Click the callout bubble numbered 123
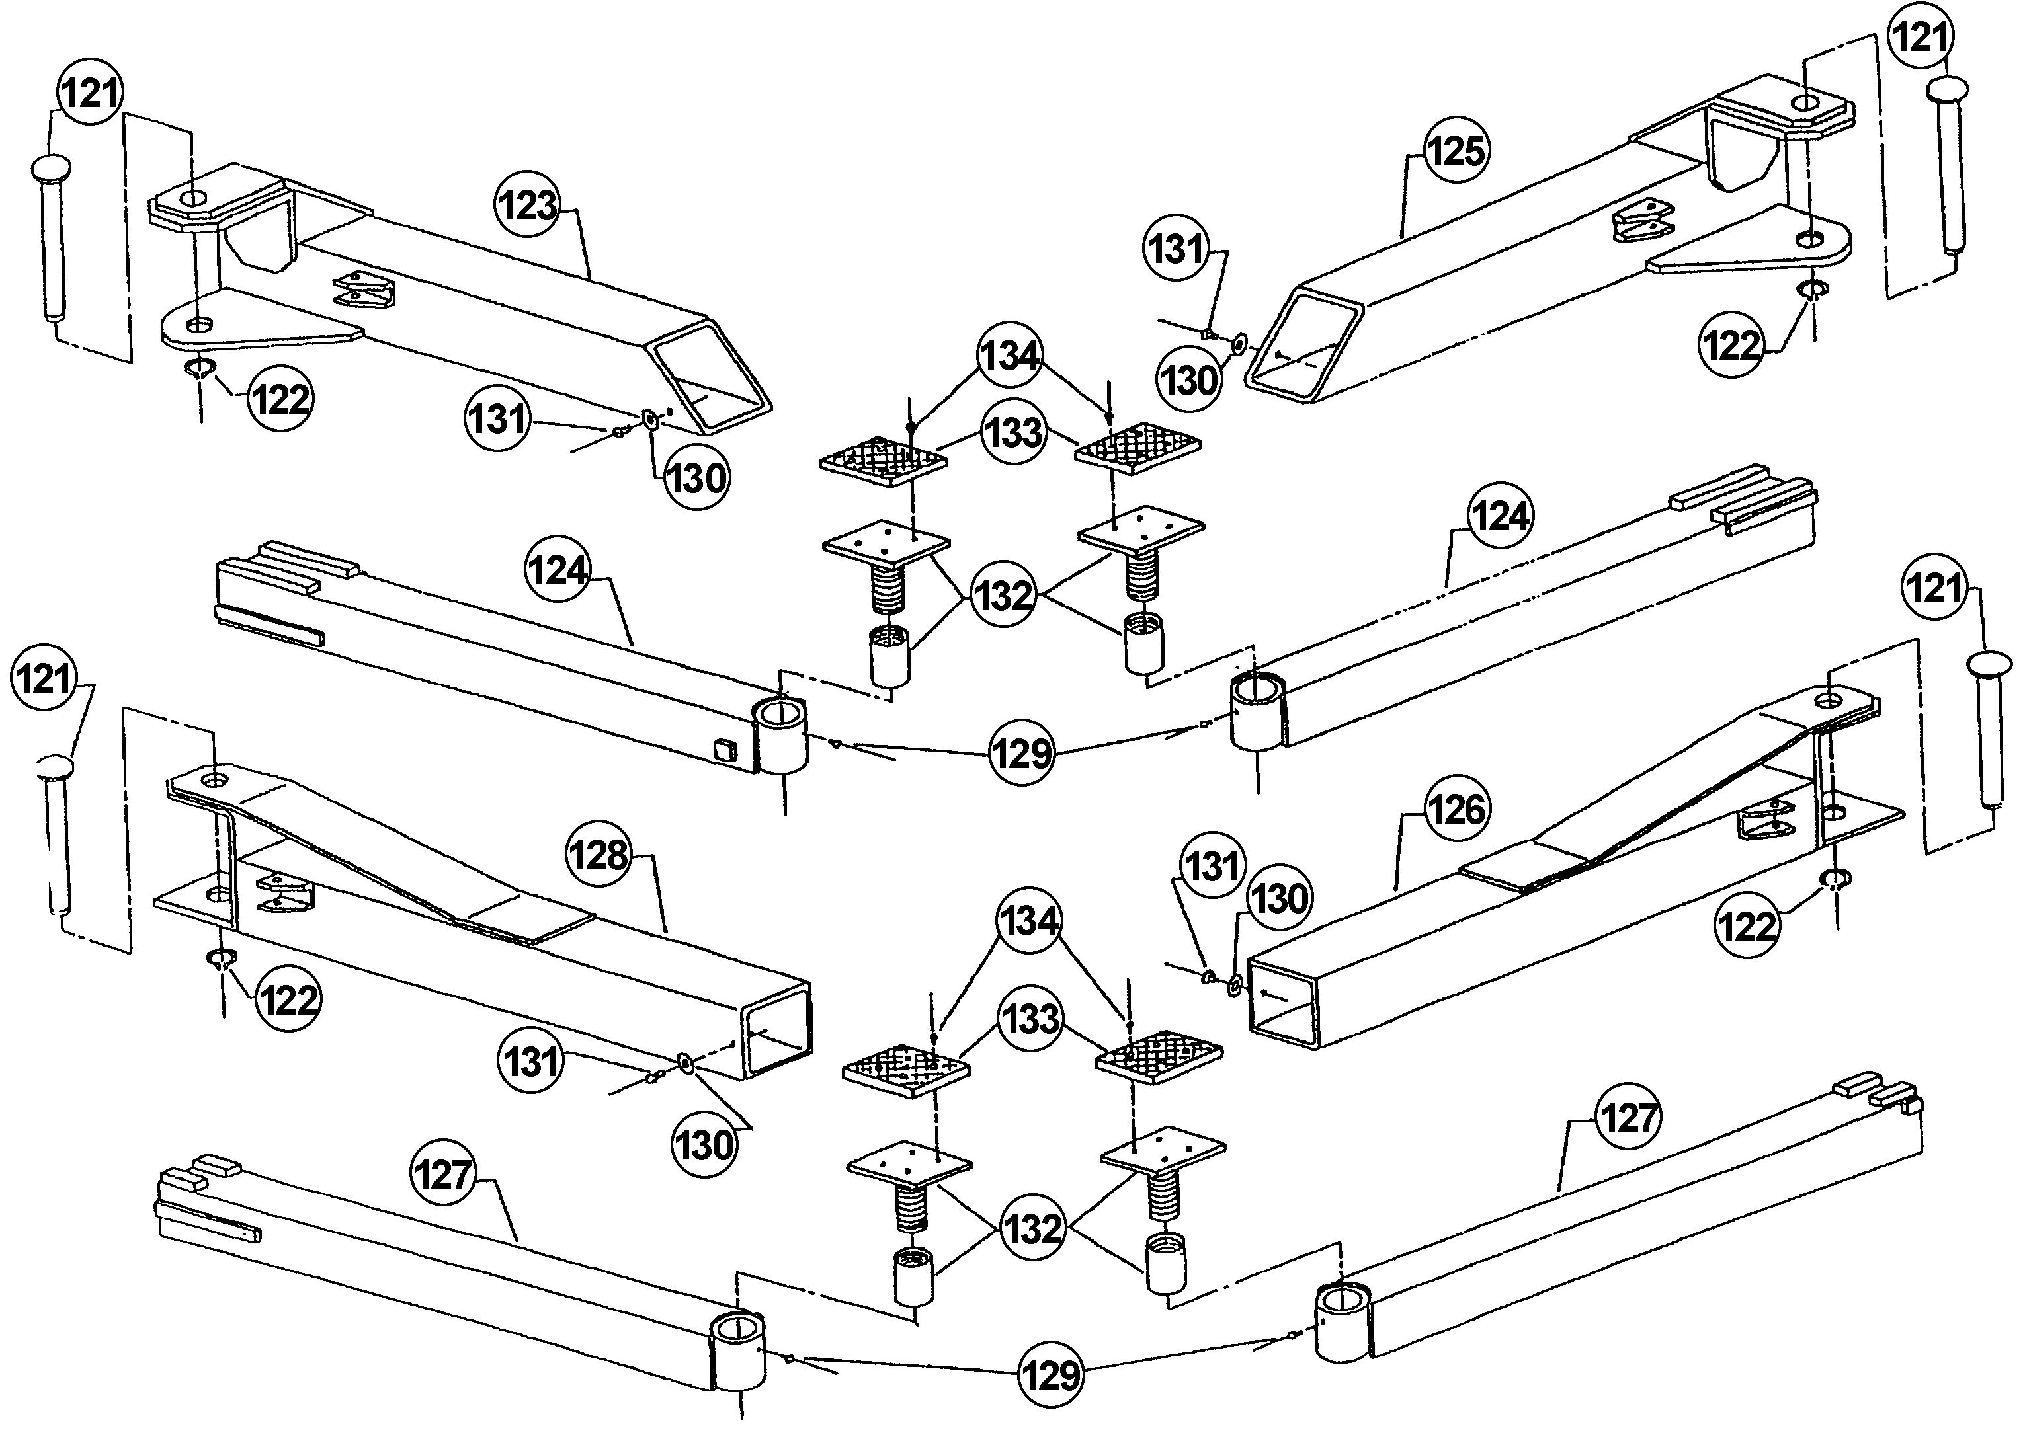(528, 206)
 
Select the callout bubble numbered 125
(1456, 151)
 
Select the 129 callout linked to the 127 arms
(1052, 1375)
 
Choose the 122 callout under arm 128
(288, 999)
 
